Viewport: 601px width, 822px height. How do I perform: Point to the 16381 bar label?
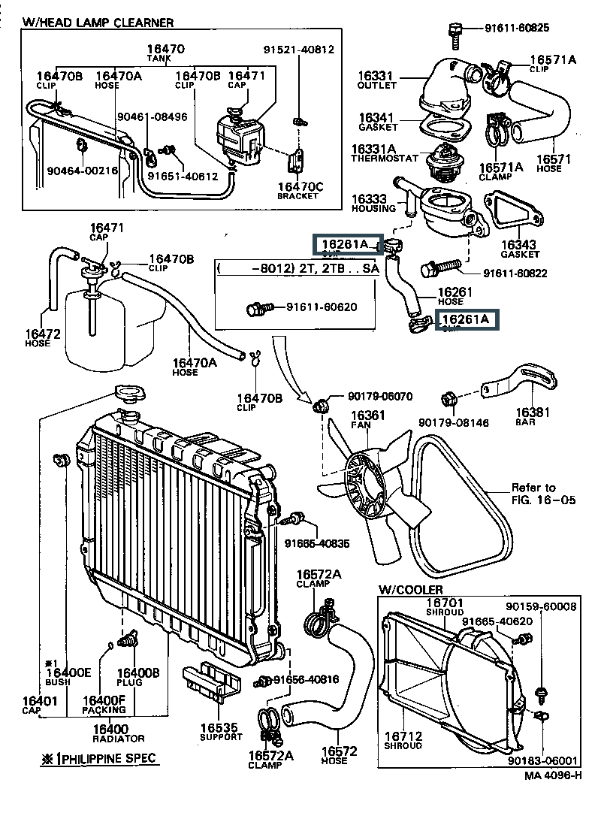[533, 412]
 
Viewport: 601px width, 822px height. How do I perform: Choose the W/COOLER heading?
[410, 590]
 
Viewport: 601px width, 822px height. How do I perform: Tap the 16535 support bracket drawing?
[212, 681]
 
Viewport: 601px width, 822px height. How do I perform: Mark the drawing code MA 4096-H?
[552, 775]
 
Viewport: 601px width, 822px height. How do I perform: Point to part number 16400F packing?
[103, 700]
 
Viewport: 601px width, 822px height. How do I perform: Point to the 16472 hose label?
[37, 334]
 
